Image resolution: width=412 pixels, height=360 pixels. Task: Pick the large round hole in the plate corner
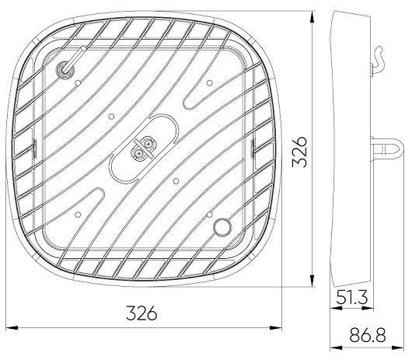(222, 227)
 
